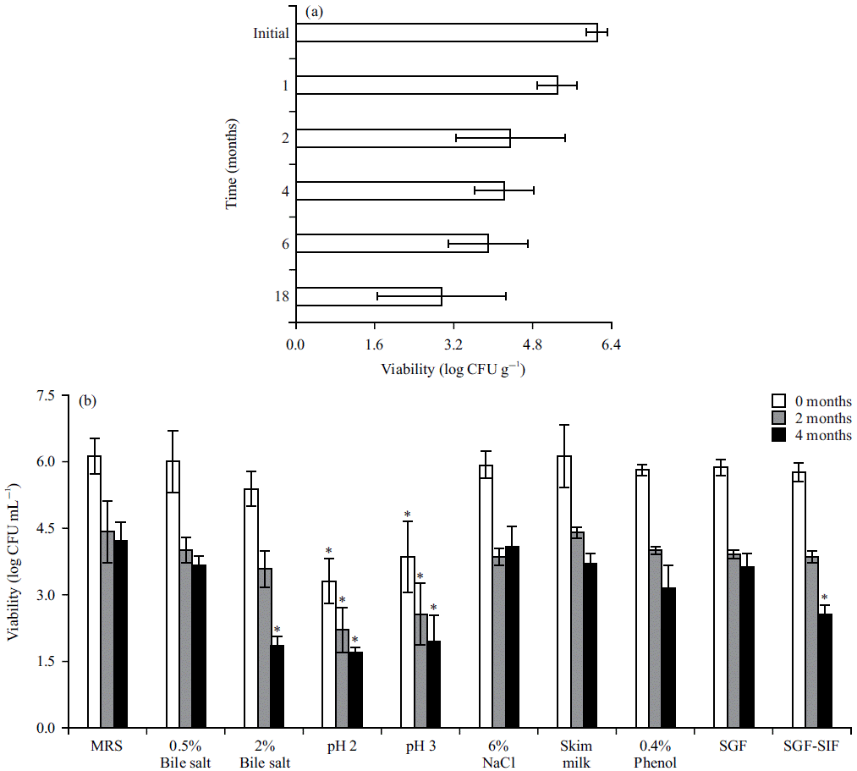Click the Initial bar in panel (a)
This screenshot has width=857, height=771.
click(x=447, y=32)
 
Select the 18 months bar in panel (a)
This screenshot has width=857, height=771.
click(x=369, y=296)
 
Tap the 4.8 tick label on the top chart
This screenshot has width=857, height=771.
click(x=531, y=345)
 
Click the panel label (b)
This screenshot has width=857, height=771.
click(x=88, y=402)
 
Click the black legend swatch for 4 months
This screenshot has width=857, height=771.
click(x=779, y=435)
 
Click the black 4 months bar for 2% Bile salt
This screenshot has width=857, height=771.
click(x=277, y=686)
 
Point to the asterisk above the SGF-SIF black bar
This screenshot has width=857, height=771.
click(x=825, y=597)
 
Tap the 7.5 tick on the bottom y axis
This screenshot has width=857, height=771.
click(x=46, y=396)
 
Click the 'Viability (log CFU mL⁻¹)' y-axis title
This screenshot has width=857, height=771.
click(x=14, y=562)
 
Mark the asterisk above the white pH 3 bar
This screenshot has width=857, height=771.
click(x=407, y=515)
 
